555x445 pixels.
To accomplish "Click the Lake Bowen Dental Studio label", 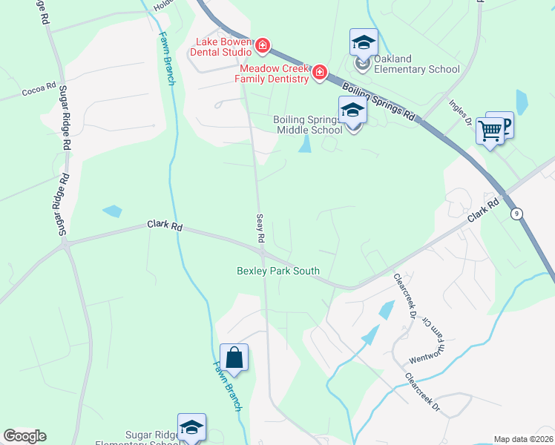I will click(x=222, y=47).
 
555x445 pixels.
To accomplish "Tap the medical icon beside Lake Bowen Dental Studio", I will click(x=262, y=47).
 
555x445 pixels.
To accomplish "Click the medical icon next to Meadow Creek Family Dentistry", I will click(x=320, y=72).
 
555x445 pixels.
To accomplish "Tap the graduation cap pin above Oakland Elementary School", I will click(x=364, y=42).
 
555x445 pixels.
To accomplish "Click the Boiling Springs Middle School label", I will click(x=308, y=125).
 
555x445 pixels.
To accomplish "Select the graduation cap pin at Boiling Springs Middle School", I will click(x=352, y=111).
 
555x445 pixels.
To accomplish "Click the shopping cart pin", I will click(x=490, y=131).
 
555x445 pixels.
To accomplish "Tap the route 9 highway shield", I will click(x=516, y=214).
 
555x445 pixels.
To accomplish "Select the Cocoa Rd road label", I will click(x=39, y=88).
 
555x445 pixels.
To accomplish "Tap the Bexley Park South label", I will click(x=277, y=271).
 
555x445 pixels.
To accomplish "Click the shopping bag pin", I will click(x=234, y=358).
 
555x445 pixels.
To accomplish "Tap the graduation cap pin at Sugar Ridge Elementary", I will click(x=191, y=428).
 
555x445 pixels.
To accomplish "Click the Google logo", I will click(x=24, y=436).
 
